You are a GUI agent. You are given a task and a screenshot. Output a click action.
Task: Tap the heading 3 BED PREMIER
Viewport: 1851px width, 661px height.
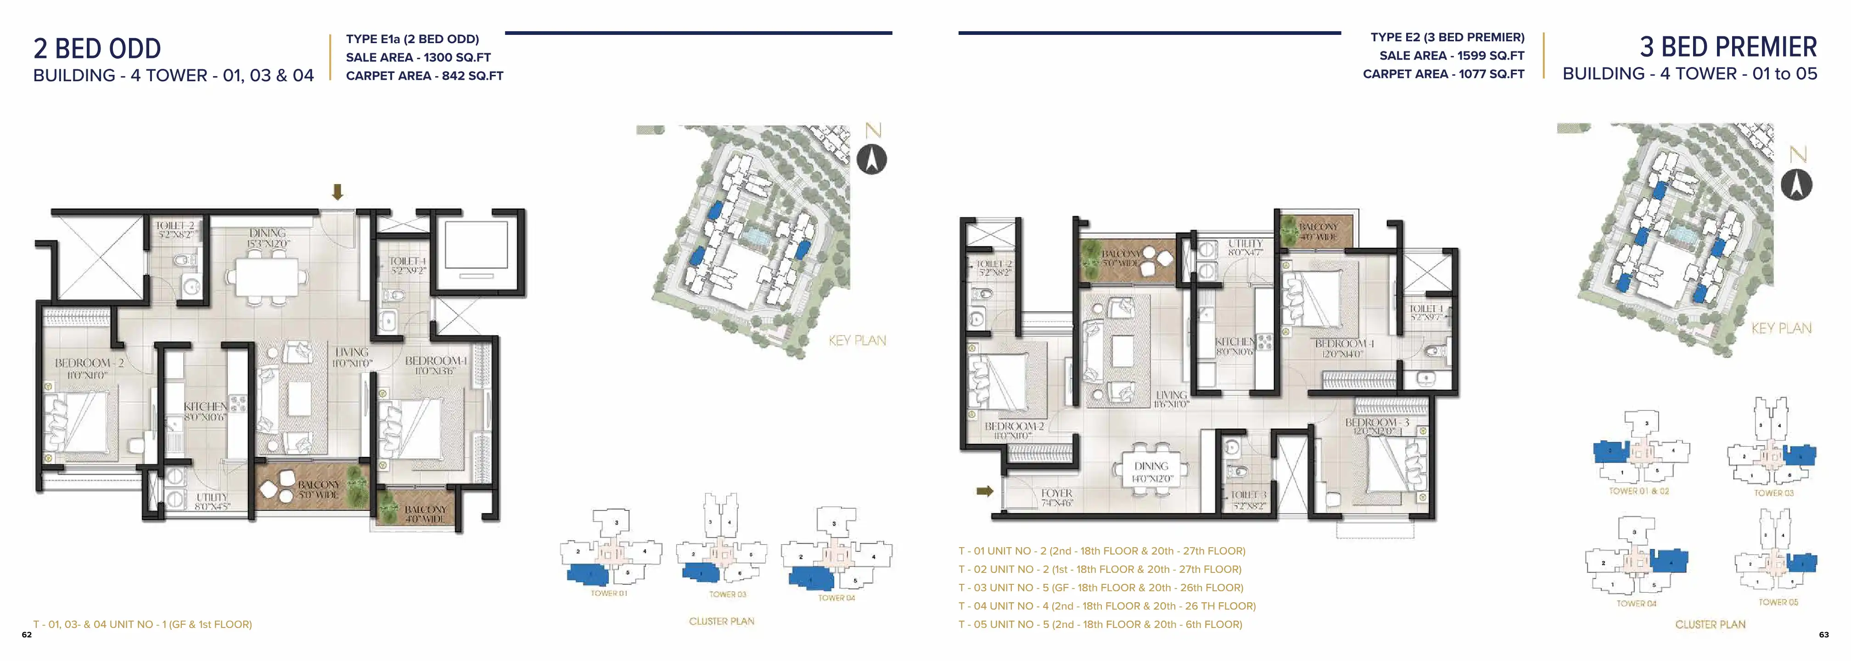point(1728,47)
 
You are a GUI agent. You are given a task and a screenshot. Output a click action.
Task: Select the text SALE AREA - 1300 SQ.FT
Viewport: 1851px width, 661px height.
point(418,57)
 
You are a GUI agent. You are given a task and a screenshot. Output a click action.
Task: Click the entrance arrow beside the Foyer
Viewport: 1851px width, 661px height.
point(984,492)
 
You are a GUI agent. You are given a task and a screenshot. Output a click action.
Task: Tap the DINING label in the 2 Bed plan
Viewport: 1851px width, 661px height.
point(267,233)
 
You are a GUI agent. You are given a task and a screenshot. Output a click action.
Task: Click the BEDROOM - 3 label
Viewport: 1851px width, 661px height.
point(1377,422)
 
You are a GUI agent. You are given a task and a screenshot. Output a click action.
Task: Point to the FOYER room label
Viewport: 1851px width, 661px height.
point(1056,493)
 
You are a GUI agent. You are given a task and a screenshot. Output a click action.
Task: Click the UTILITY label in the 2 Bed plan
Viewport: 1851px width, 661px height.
point(212,497)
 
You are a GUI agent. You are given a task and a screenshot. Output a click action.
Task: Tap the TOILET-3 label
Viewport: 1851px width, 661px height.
point(1248,495)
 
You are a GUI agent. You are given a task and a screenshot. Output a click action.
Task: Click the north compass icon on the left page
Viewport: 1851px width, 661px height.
point(872,159)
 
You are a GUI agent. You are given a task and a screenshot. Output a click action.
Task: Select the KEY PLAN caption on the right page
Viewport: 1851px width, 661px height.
point(1781,328)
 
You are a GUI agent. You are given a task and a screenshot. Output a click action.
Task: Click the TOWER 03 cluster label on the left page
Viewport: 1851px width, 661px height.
point(727,594)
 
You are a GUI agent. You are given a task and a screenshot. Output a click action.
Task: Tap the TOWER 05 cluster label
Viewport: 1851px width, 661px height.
point(1778,602)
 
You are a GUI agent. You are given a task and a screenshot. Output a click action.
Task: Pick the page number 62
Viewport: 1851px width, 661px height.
point(27,634)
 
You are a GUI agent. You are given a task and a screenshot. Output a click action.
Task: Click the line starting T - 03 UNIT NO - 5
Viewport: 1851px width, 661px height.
point(1100,588)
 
